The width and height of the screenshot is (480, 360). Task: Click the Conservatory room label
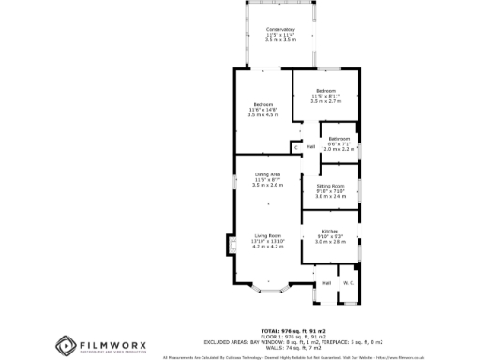pos(280,29)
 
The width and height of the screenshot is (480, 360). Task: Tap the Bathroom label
pos(338,139)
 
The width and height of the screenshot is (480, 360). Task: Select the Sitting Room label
pos(330,186)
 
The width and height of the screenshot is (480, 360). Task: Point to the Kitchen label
pos(330,231)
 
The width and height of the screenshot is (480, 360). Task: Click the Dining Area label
pos(267,175)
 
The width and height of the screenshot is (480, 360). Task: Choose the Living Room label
pos(267,235)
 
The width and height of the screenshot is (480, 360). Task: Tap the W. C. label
pos(348,282)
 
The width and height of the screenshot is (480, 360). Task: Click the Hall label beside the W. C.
pos(327,282)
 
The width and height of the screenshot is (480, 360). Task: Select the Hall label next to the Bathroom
pos(310,146)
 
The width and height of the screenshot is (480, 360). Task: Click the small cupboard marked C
pos(295,147)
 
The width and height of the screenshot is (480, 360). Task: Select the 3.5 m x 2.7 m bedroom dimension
pos(324,100)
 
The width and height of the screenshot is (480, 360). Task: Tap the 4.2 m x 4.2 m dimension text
pos(267,247)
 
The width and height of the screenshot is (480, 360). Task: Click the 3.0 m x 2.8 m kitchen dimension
pos(330,241)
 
